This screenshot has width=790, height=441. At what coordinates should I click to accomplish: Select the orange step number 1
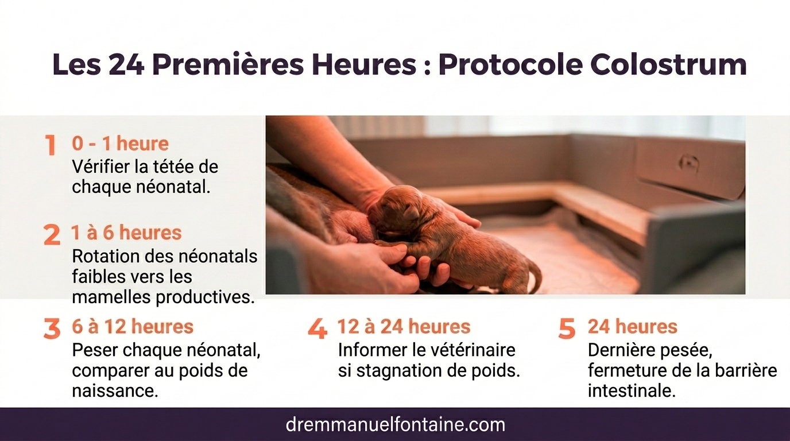(51, 145)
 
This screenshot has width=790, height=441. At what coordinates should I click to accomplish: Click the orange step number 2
(52, 235)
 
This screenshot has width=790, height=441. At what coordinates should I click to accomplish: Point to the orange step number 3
(52, 329)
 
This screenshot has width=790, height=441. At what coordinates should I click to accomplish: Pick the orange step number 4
(317, 329)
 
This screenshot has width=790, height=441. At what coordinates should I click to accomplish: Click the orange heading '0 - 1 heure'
(120, 144)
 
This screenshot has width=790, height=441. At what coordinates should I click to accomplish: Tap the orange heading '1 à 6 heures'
(126, 233)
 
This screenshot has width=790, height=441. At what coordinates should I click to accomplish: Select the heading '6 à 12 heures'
(133, 327)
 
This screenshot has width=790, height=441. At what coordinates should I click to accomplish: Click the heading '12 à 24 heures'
(404, 327)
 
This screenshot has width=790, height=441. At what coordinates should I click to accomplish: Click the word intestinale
(630, 391)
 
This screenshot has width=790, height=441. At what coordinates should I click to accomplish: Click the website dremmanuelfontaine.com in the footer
(395, 425)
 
